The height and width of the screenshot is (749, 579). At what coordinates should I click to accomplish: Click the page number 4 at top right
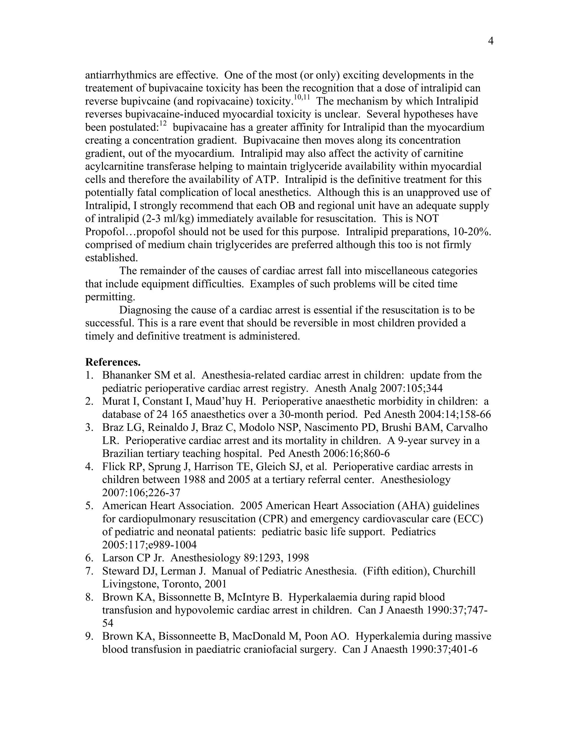coord(491,42)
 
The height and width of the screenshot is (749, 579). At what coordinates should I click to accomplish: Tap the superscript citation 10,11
coord(302,98)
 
